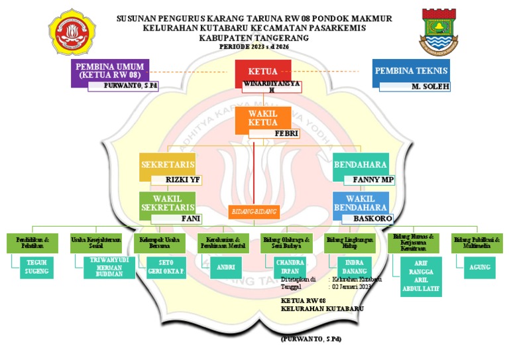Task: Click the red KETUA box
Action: point(262,71)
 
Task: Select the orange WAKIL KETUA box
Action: point(262,118)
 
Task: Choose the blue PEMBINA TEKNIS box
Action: point(411,71)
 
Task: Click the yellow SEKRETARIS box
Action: point(167,165)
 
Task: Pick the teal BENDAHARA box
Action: point(360,165)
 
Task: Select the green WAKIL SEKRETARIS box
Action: point(167,203)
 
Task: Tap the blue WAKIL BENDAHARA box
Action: point(360,203)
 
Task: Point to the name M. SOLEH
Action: point(429,86)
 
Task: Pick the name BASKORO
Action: point(372,218)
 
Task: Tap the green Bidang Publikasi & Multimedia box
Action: point(477,243)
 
